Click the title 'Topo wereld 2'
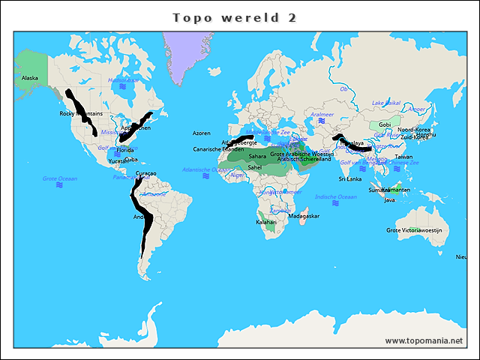(234, 17)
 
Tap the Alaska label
(30, 78)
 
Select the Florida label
(125, 150)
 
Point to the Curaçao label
(145, 173)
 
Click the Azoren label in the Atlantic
(202, 133)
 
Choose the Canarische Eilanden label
(218, 149)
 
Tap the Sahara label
(257, 157)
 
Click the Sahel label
(255, 167)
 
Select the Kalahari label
(266, 222)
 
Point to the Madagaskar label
(304, 216)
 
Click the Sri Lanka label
(350, 179)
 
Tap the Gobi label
(385, 124)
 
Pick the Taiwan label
(403, 157)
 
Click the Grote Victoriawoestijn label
(417, 230)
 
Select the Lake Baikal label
(386, 103)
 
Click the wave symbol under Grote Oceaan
(59, 185)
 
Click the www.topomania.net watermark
(424, 340)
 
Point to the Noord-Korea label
(414, 130)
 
